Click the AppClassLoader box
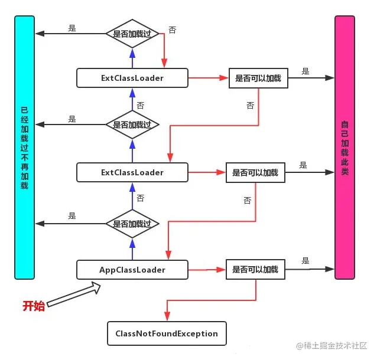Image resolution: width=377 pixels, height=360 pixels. tap(132, 270)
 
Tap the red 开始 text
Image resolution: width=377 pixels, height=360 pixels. tap(34, 306)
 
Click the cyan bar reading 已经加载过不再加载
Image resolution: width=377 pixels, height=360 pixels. tap(24, 148)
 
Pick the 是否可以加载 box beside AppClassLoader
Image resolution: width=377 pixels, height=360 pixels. tap(255, 270)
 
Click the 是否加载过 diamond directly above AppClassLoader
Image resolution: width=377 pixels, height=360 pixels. tap(132, 224)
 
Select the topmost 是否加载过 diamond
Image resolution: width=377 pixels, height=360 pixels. tap(132, 34)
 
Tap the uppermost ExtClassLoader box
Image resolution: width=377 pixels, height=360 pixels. tap(132, 77)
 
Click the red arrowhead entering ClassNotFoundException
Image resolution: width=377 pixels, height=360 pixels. tap(167, 317)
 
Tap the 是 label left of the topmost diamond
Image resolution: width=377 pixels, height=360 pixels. tap(73, 27)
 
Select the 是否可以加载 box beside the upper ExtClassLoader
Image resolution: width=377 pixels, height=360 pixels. tap(258, 78)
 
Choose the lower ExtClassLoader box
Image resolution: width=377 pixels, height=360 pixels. tap(132, 173)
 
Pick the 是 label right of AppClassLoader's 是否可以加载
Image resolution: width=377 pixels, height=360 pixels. tap(305, 261)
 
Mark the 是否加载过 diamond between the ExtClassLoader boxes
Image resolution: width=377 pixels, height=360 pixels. tap(132, 125)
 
